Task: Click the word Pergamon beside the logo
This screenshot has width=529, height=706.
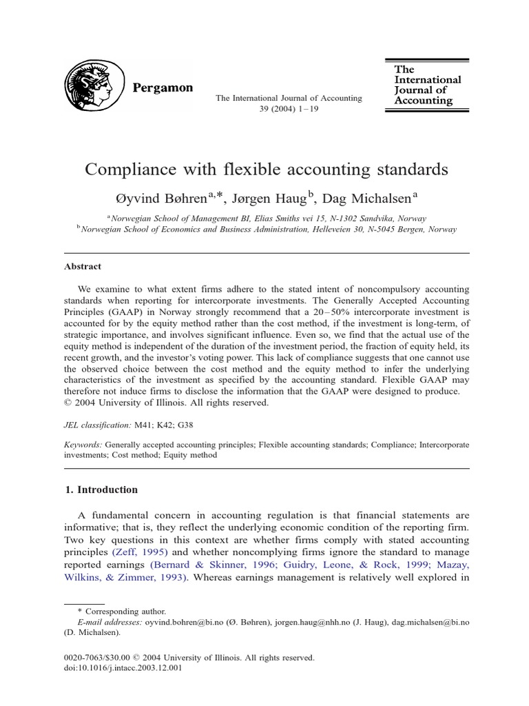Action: pyautogui.click(x=163, y=88)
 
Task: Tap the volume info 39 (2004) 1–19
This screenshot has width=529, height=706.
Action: pyautogui.click(x=289, y=110)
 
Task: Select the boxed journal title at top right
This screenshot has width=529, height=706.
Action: pyautogui.click(x=427, y=85)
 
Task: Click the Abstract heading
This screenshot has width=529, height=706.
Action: pyautogui.click(x=83, y=266)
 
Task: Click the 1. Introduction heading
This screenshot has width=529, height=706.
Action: pyautogui.click(x=101, y=490)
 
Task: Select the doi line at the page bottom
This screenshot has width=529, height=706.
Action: pyautogui.click(x=123, y=667)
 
